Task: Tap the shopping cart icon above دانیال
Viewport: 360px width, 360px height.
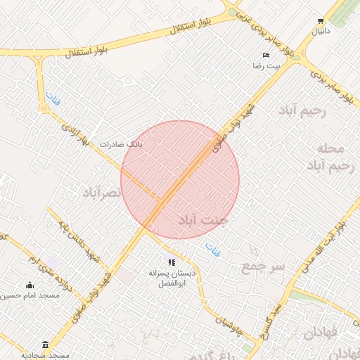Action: point(321,21)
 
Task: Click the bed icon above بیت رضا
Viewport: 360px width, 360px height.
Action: point(266,55)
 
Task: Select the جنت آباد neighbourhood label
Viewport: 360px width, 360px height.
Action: point(203,220)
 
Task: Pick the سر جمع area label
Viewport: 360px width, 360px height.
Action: point(263,266)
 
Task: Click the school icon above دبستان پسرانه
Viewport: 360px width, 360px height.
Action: point(172,262)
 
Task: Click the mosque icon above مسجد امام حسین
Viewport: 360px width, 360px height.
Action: point(30,285)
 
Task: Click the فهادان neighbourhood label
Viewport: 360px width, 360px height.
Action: point(324,333)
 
